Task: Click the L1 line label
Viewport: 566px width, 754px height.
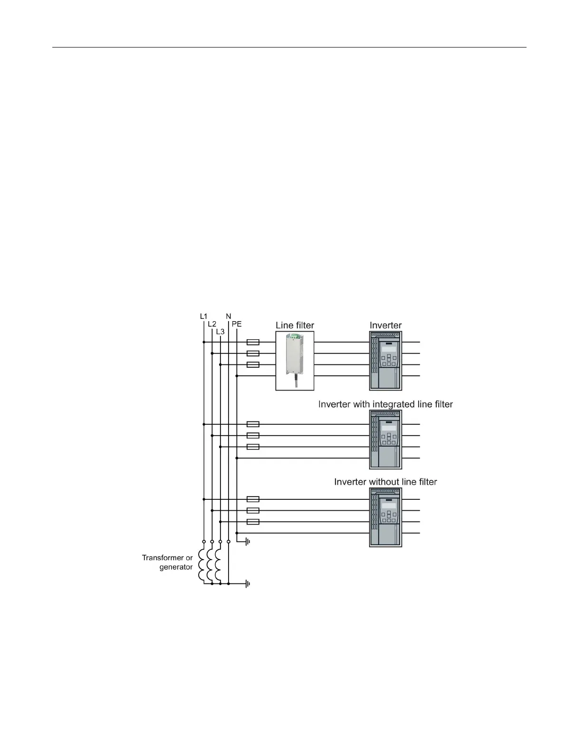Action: pyautogui.click(x=203, y=316)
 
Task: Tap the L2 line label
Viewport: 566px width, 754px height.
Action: pyautogui.click(x=212, y=324)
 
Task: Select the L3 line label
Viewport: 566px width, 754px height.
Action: pyautogui.click(x=220, y=332)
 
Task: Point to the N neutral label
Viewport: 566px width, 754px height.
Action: pyautogui.click(x=229, y=316)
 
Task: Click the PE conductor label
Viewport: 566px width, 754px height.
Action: pyautogui.click(x=237, y=324)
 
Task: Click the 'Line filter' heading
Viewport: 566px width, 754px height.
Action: pyautogui.click(x=295, y=325)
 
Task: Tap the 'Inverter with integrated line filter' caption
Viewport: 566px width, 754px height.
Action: pyautogui.click(x=385, y=404)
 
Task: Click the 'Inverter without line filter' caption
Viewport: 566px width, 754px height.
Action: pyautogui.click(x=385, y=482)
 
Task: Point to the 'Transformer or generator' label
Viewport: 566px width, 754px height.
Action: pyautogui.click(x=167, y=562)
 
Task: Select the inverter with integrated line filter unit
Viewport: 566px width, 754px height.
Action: pyautogui.click(x=385, y=440)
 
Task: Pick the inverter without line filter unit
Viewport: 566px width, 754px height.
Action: pyautogui.click(x=385, y=517)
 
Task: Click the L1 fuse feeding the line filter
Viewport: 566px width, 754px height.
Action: pyautogui.click(x=253, y=342)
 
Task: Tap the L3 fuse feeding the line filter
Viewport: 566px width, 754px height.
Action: pyautogui.click(x=253, y=365)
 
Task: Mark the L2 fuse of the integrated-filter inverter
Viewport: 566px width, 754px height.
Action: pyautogui.click(x=253, y=435)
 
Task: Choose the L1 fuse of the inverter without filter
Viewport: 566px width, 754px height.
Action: pyautogui.click(x=253, y=499)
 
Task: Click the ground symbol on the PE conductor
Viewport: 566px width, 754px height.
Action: pyautogui.click(x=247, y=542)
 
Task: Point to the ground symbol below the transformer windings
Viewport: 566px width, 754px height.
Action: pyautogui.click(x=247, y=583)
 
